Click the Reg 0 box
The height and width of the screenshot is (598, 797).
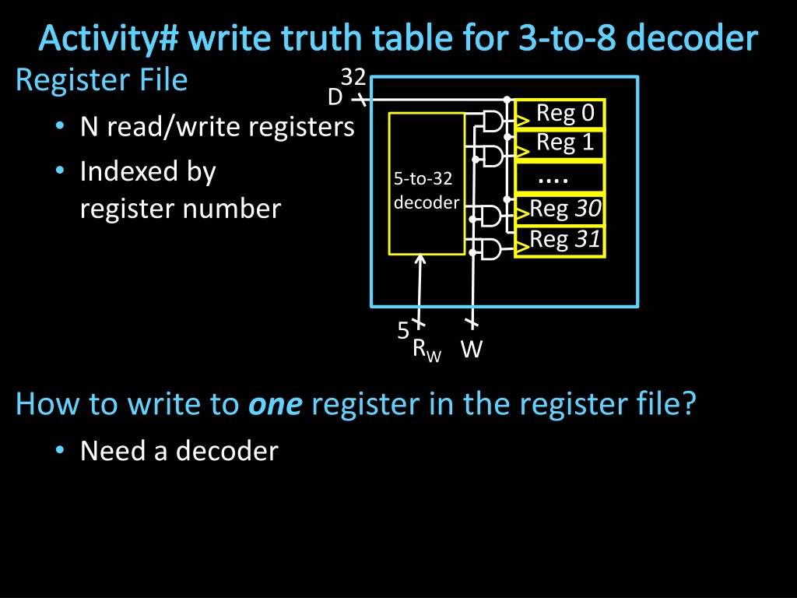coord(560,114)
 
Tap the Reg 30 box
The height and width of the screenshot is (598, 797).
coord(560,209)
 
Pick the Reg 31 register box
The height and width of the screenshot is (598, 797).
coord(560,239)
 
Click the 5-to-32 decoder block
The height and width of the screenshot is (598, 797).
coord(427,184)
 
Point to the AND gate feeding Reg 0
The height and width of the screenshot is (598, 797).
coord(493,121)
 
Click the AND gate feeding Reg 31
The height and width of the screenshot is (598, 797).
coord(493,249)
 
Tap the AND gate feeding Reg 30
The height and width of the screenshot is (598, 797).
coord(493,216)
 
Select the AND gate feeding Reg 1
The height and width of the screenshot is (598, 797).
coord(493,156)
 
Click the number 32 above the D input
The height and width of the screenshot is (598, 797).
coord(353,78)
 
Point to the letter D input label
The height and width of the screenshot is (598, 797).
coord(335,97)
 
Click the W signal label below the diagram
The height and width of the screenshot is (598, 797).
coord(471,350)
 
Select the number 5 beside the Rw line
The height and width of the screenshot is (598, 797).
coord(403,331)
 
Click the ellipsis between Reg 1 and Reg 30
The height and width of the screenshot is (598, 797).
coord(553,179)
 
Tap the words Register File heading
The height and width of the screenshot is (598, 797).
coord(101,79)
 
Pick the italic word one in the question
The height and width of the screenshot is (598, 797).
coord(275,405)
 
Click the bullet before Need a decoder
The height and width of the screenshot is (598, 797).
coord(60,452)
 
